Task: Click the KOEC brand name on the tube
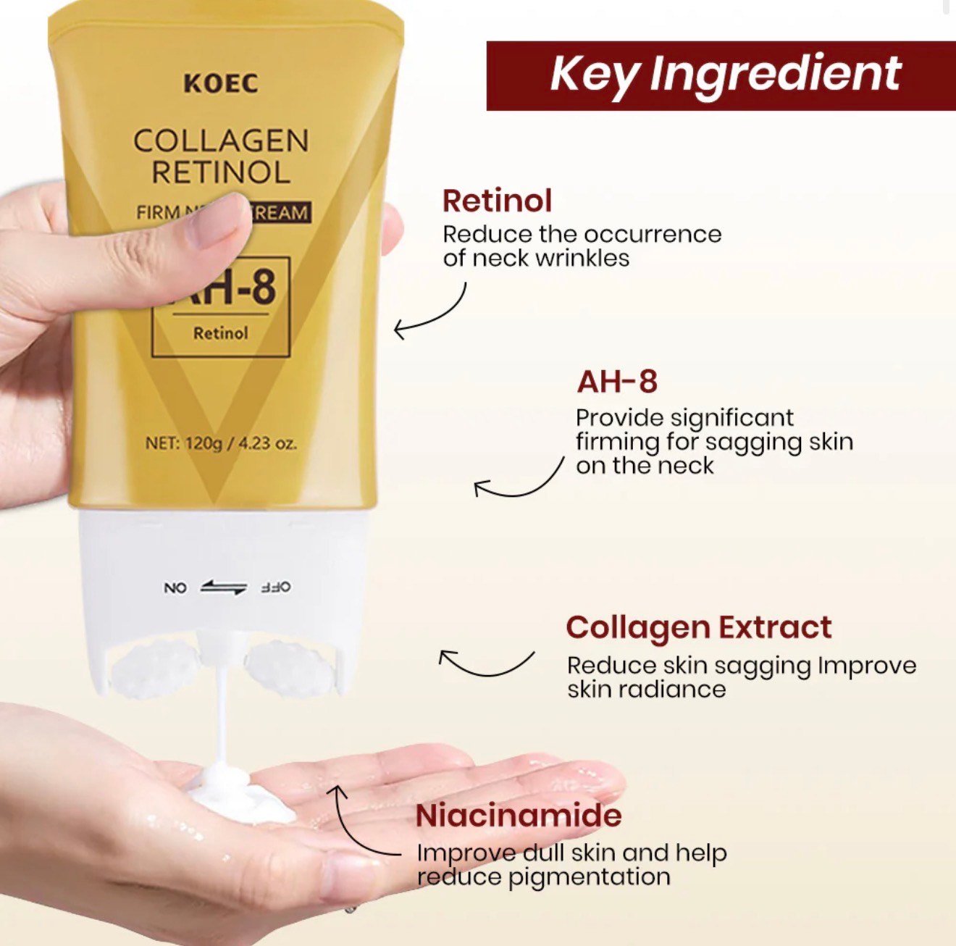tap(220, 83)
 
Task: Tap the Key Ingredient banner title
tap(725, 75)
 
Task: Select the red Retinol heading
tap(497, 201)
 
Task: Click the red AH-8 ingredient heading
tap(617, 382)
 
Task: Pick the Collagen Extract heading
tap(699, 627)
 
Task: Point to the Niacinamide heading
tap(519, 816)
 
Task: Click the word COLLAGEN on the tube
tap(221, 141)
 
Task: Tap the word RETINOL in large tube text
tap(221, 172)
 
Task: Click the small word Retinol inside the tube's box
tap(220, 333)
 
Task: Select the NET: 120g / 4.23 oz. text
tap(221, 443)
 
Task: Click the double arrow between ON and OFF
tap(224, 587)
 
